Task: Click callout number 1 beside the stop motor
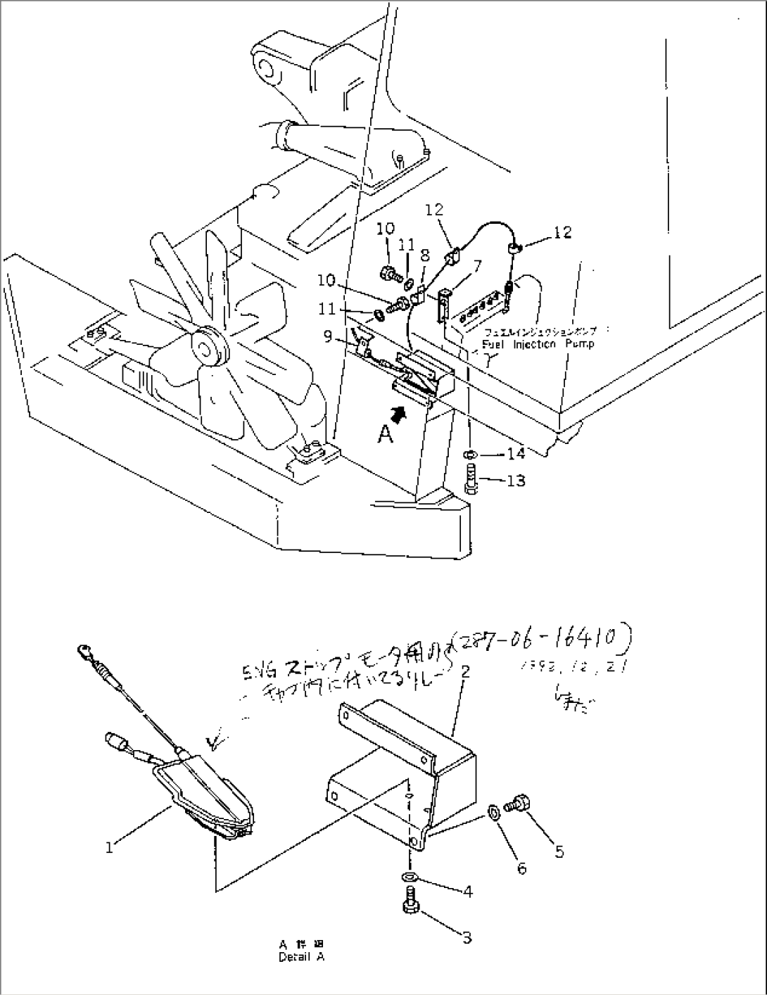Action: [109, 848]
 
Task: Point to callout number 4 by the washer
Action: [467, 891]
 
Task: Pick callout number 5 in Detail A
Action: [559, 851]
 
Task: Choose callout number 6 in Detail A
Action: [521, 868]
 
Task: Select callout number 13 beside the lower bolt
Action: [516, 481]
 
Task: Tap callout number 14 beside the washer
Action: [516, 454]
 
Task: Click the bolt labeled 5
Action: [521, 801]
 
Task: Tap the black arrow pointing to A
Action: [399, 414]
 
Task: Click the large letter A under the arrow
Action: [385, 436]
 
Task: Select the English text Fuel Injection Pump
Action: [538, 344]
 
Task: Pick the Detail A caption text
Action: [301, 957]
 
